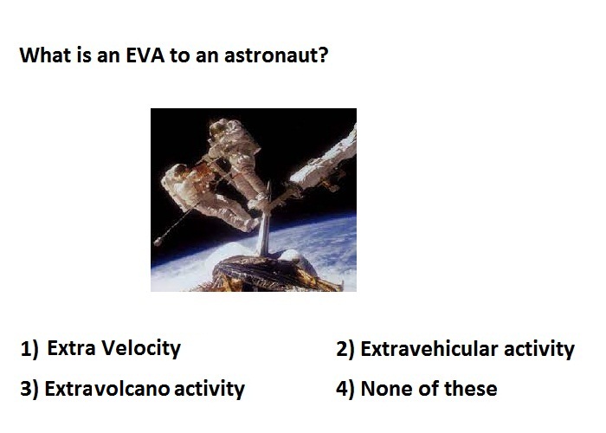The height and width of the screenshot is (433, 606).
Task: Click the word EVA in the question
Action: (x=145, y=55)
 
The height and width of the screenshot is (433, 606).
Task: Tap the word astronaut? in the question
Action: (x=276, y=55)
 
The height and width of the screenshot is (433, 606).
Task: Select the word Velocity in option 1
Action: (x=142, y=349)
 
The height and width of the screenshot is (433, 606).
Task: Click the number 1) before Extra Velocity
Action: (x=29, y=349)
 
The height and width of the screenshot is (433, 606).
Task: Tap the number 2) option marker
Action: (x=345, y=349)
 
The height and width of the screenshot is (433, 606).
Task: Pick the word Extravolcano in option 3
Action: (x=106, y=389)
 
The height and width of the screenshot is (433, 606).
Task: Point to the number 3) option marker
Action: (x=29, y=389)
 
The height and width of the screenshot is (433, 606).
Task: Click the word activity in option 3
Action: (x=210, y=390)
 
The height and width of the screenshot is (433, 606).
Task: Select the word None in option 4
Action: (x=386, y=389)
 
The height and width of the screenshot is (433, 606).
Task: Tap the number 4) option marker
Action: (x=345, y=389)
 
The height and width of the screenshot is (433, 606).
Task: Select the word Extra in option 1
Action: (x=71, y=348)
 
